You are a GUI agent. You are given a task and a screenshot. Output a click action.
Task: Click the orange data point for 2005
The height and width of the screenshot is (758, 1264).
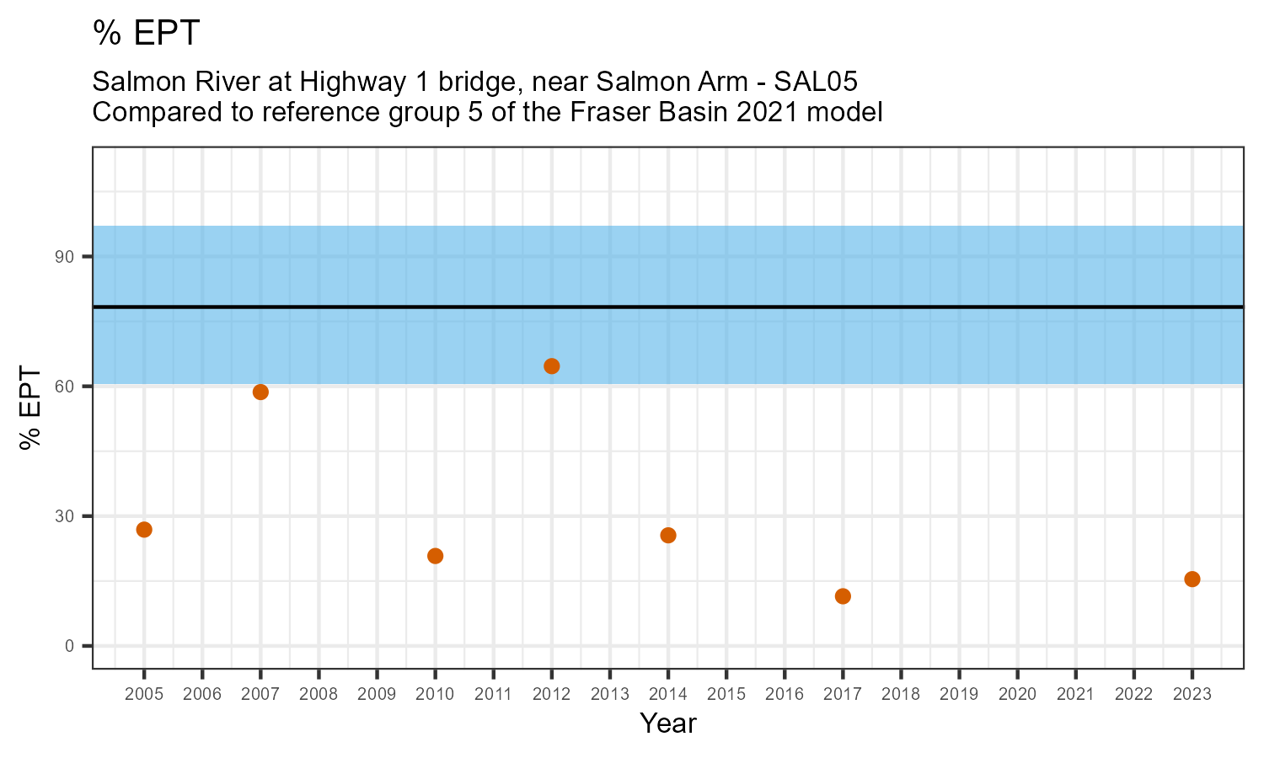[144, 530]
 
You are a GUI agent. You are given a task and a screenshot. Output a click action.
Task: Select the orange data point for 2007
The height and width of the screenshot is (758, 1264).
[260, 392]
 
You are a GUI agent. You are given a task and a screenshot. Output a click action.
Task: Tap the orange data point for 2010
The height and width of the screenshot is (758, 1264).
[435, 556]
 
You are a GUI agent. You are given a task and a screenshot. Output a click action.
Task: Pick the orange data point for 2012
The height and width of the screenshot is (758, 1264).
[552, 366]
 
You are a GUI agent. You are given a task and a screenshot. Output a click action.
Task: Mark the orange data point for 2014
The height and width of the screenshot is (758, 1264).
[668, 535]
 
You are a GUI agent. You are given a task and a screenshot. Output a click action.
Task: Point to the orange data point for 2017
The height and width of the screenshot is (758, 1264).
[843, 596]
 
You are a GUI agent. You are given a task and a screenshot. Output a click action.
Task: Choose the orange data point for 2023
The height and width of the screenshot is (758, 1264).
[1192, 579]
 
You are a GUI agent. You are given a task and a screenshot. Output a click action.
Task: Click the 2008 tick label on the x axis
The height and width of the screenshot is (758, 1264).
[319, 694]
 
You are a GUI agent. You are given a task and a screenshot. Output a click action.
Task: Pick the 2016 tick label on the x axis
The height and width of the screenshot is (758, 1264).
[785, 694]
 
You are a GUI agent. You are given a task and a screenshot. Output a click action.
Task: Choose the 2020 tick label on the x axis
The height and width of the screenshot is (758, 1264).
[1017, 694]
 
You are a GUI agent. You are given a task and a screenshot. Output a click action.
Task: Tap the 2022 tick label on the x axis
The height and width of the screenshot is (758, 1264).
[1133, 694]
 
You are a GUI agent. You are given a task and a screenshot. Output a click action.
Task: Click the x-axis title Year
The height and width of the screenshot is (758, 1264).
[668, 723]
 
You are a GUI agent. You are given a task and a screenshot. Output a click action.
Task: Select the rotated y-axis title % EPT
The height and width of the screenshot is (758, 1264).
[31, 408]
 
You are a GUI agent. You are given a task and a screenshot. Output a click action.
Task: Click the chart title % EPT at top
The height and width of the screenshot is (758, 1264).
[147, 33]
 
